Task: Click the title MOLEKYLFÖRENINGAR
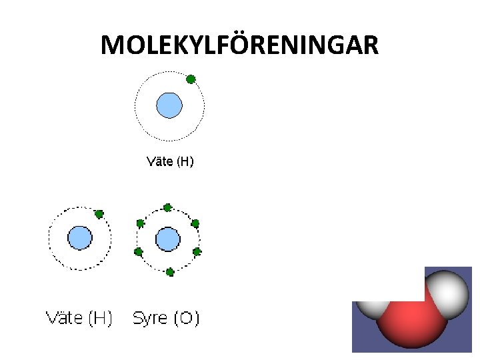point(240,45)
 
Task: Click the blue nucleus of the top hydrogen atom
point(169,105)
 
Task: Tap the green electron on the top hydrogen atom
point(191,79)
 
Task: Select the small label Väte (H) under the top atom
point(170,161)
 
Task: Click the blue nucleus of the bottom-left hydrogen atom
point(80,238)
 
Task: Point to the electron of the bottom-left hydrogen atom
point(99,214)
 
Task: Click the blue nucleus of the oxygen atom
point(168,239)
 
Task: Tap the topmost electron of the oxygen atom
point(167,207)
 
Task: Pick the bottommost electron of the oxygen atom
point(170,271)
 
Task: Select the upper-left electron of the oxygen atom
point(140,223)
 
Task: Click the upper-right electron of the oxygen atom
point(195,223)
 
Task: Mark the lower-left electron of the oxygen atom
point(139,252)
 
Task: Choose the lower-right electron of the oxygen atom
point(197,251)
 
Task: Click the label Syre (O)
point(166,318)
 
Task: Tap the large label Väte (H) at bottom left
point(79,318)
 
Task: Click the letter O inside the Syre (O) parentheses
point(186,318)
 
